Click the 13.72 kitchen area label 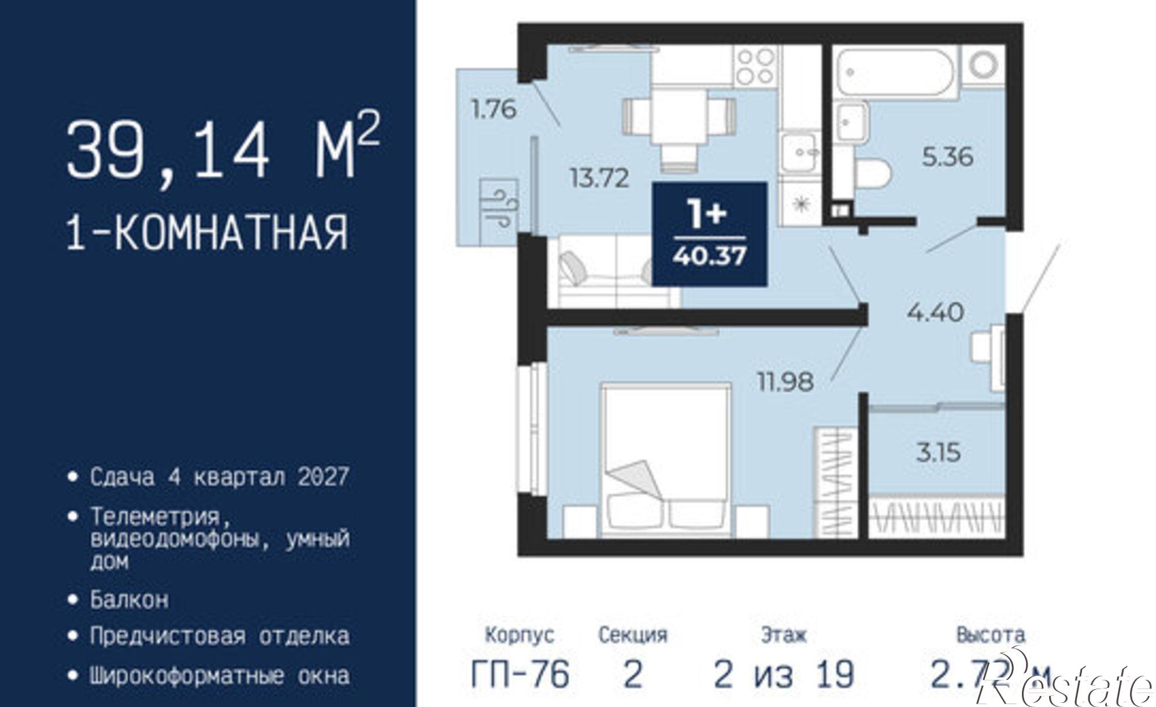[599, 178]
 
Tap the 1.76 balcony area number [494, 109]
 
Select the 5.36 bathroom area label [947, 157]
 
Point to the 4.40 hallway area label [936, 313]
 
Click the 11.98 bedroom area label [786, 382]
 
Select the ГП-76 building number [521, 674]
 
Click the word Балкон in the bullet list [129, 600]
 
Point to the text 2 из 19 [784, 674]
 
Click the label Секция [633, 635]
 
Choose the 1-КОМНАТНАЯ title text [208, 233]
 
